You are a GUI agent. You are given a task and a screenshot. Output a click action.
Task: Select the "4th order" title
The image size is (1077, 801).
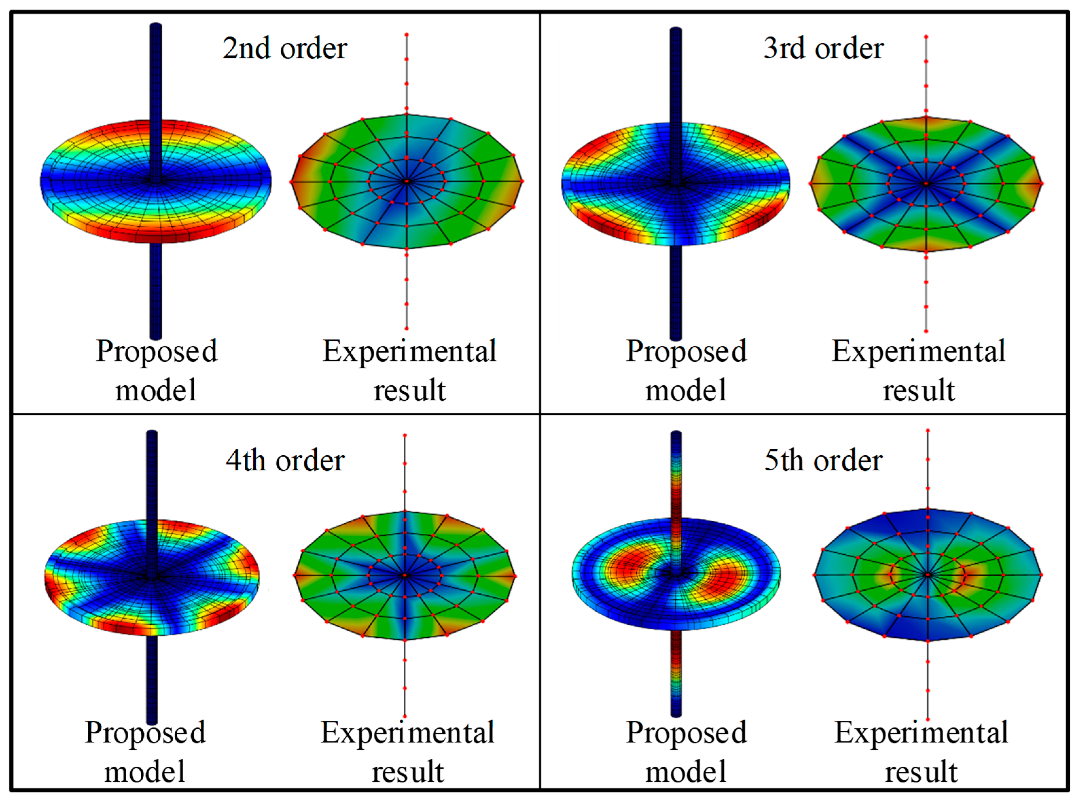click(x=285, y=460)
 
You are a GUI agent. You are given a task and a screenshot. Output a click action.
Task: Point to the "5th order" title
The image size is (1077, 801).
click(x=823, y=460)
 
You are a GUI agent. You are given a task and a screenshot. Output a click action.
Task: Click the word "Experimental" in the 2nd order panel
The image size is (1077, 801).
click(x=410, y=352)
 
